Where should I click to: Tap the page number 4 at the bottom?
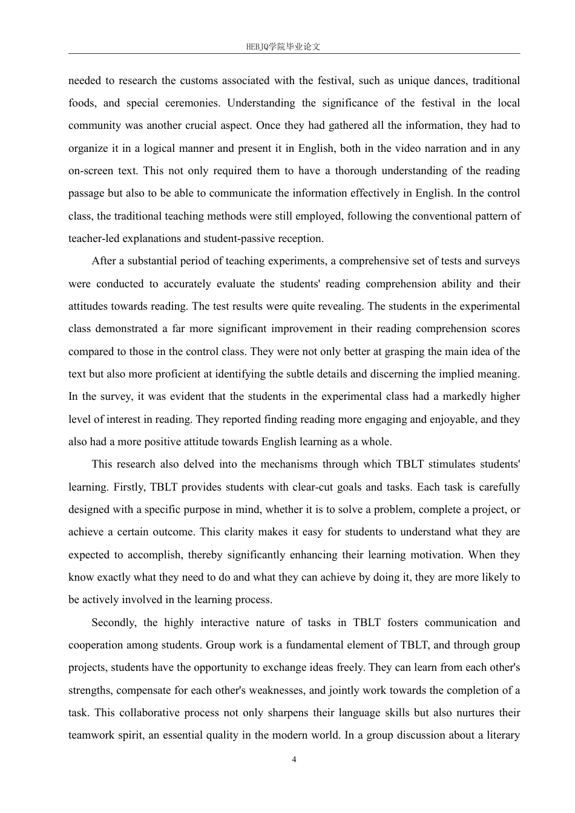tap(294, 760)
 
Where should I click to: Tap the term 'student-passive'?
tap(221, 238)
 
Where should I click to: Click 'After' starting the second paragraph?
tap(103, 261)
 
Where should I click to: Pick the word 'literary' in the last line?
tap(500, 736)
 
